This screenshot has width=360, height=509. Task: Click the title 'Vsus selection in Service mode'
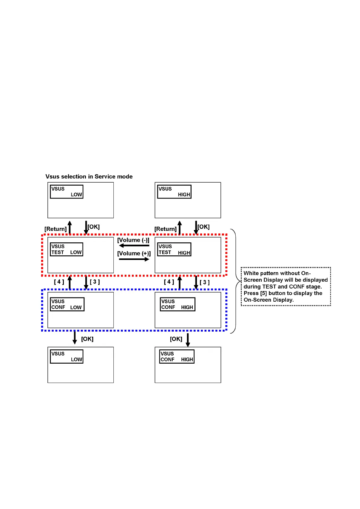[89, 177]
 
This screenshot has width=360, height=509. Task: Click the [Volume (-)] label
[133, 240]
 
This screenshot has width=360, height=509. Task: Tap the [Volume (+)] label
[134, 254]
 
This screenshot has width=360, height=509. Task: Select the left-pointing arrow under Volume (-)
[134, 246]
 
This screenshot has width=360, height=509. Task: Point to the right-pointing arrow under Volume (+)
[134, 259]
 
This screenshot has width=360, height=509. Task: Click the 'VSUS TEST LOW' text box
[67, 249]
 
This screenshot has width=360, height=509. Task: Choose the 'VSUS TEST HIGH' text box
[174, 249]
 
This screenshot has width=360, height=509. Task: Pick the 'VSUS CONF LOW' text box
[67, 304]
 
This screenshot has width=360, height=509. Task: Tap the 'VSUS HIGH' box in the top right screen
[174, 192]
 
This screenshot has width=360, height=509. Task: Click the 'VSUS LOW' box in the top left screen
[67, 192]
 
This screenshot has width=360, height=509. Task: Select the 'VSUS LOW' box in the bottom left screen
[67, 357]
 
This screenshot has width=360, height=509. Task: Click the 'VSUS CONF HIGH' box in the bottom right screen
[177, 357]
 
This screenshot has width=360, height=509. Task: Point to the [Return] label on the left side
[55, 229]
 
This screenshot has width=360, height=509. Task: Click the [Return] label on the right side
[165, 229]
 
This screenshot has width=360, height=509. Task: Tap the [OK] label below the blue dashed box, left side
[87, 339]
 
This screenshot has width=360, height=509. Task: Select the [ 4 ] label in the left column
[59, 282]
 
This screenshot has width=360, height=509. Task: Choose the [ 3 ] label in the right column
[205, 282]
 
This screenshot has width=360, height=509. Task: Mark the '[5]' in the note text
[263, 293]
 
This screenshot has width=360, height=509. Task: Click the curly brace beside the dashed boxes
[236, 281]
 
